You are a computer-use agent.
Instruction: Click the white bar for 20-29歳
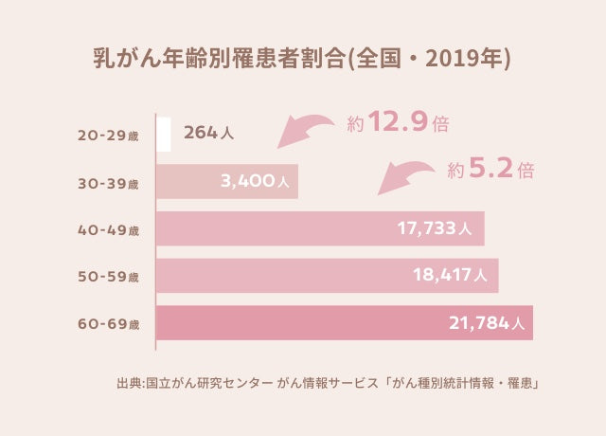coord(165,134)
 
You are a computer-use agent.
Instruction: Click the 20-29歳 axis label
coord(108,135)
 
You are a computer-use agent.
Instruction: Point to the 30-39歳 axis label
coord(108,182)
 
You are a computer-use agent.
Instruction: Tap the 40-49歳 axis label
coord(108,229)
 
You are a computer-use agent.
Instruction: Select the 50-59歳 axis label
coord(108,277)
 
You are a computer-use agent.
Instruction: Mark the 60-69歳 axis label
coord(108,324)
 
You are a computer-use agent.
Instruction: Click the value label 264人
coord(208,134)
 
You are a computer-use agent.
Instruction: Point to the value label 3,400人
coord(255,181)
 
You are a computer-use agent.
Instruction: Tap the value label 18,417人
coord(450,276)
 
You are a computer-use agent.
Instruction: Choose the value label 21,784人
coord(485,323)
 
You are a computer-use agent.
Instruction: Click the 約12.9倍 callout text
coord(398,123)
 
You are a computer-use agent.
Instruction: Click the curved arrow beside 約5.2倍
coord(407,174)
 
